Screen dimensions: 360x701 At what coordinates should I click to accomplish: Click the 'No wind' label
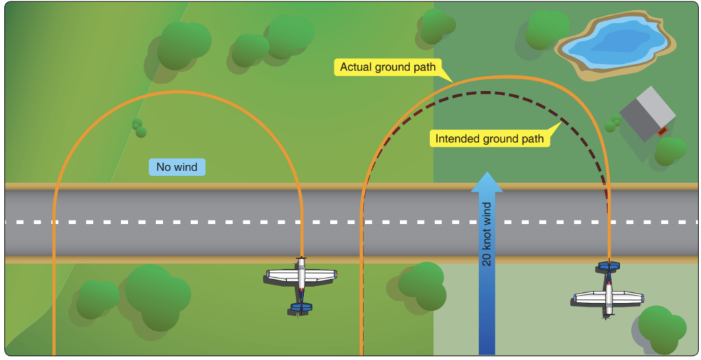point(176,166)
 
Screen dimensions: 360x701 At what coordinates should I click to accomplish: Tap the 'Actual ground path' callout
point(387,67)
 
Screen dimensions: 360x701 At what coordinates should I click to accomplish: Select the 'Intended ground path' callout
point(490,139)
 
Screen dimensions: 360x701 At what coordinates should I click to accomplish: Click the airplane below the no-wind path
point(301,282)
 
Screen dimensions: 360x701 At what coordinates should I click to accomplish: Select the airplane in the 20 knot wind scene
point(609,290)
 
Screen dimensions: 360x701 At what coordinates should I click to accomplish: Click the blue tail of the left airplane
point(301,307)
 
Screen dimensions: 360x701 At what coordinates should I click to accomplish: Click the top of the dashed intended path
point(485,92)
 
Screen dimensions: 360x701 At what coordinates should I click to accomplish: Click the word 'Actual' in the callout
point(355,67)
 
